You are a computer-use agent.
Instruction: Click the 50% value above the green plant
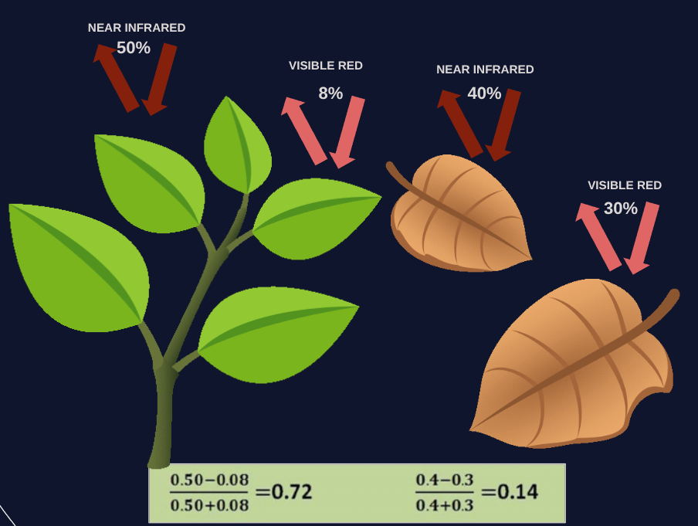134,48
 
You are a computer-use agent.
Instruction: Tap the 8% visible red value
330,93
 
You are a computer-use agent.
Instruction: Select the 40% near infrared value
484,93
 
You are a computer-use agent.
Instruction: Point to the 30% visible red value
621,209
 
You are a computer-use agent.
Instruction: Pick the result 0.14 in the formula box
517,492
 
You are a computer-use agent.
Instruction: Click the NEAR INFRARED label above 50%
137,28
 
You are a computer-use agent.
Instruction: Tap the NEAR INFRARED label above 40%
485,70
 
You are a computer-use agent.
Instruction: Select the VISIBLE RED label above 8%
326,66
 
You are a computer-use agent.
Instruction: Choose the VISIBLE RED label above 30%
625,185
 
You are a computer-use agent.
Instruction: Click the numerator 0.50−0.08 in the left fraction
210,480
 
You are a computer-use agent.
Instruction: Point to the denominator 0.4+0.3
445,506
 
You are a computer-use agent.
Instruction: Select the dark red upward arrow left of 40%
459,123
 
